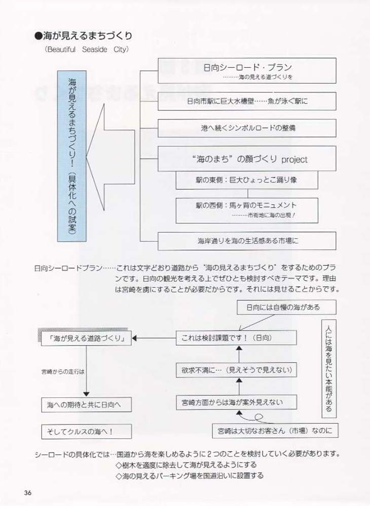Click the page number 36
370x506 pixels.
27,493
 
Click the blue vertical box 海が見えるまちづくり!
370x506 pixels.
72,156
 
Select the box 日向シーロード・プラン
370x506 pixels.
247,71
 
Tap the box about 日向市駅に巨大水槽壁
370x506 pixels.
247,101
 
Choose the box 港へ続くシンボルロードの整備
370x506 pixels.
247,128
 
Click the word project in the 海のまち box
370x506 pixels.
294,160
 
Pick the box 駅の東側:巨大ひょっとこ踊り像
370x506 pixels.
247,180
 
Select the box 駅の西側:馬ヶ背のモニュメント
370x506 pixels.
247,210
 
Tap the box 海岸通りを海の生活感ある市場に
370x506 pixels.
247,241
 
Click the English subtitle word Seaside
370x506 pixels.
94,50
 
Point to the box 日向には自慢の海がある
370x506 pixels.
286,307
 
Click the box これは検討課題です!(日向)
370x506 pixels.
236,338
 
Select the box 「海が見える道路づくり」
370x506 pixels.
86,338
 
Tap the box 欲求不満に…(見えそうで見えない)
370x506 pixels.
236,370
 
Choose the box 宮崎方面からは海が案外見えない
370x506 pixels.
236,402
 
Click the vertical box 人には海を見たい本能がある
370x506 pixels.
329,368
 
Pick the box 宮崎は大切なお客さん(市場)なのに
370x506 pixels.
275,431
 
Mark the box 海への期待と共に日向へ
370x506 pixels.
86,405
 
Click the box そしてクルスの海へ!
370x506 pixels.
86,432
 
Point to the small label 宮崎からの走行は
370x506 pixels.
63,372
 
